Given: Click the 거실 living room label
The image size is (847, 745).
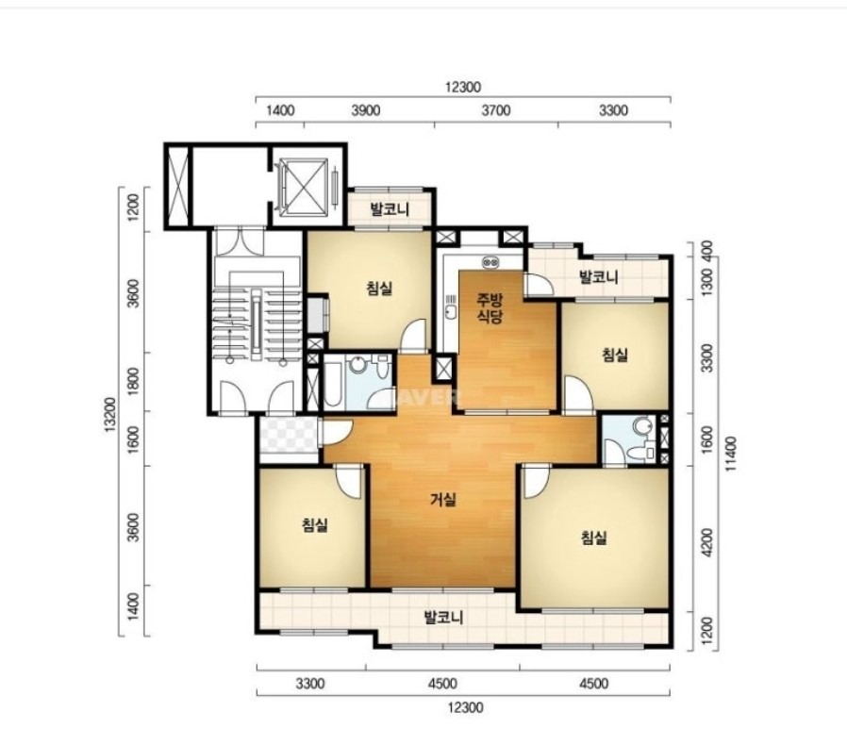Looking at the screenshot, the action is coord(443,500).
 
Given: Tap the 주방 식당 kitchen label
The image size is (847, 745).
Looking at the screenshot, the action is coord(490,307).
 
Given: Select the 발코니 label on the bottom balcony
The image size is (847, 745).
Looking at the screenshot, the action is coord(444,617).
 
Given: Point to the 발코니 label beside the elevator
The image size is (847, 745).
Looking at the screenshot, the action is coord(390,209).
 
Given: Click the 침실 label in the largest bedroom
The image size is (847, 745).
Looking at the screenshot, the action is coord(594,538).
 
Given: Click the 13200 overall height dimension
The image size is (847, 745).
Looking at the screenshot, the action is coord(110,414).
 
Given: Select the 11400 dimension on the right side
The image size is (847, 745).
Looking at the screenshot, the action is coord(731,454).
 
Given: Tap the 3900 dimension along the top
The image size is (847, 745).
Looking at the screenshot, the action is coord(366,110).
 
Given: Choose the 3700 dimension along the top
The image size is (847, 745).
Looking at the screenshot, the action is coord(496,110).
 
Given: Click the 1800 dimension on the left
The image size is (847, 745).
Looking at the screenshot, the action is coord(135,381).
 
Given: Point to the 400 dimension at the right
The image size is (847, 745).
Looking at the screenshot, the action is coord(707,249).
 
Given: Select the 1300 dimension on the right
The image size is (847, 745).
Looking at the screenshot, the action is coord(707,280).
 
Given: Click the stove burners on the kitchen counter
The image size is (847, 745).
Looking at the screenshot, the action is coord(491,262).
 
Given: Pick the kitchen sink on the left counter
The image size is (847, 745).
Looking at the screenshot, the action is coord(451,310).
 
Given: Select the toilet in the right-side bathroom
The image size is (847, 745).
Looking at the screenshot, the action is coord(643,426).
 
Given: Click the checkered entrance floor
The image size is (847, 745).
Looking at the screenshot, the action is coord(288,435).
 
